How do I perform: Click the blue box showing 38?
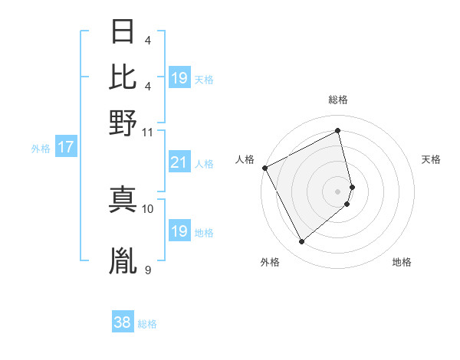click(x=122, y=323)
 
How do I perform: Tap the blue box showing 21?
click(x=179, y=162)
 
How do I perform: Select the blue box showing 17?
click(x=65, y=148)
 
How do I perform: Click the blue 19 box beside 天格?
click(x=179, y=78)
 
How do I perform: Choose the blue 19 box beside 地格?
click(x=179, y=231)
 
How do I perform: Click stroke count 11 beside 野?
click(x=148, y=132)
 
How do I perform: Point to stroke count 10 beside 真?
click(x=148, y=208)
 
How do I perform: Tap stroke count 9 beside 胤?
click(x=148, y=270)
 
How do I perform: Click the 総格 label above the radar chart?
click(x=337, y=100)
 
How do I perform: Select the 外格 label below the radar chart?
click(x=270, y=263)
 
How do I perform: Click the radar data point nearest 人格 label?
click(x=264, y=168)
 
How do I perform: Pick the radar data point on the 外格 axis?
click(x=301, y=242)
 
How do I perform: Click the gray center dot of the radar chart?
click(x=337, y=191)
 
